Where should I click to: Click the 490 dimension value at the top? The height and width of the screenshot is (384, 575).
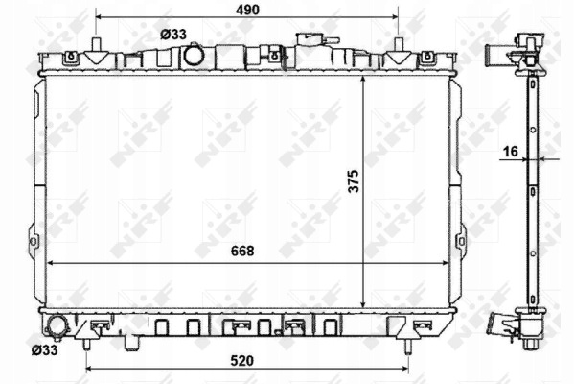pos(247,10)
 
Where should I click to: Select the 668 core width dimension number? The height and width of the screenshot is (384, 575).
pos(242,251)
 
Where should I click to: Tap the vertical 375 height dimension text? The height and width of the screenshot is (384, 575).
pos(354,181)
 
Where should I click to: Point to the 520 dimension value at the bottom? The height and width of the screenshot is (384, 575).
pos(242,361)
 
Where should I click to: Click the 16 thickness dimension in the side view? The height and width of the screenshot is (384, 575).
pos(511,151)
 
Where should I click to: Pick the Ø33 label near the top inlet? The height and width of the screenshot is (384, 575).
pos(173,35)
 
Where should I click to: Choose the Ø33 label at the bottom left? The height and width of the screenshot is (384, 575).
pos(44,350)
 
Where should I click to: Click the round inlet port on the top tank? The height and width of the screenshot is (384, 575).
pos(194,55)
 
